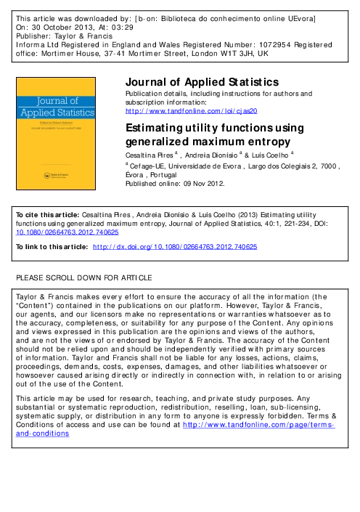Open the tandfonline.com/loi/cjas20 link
192,110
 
